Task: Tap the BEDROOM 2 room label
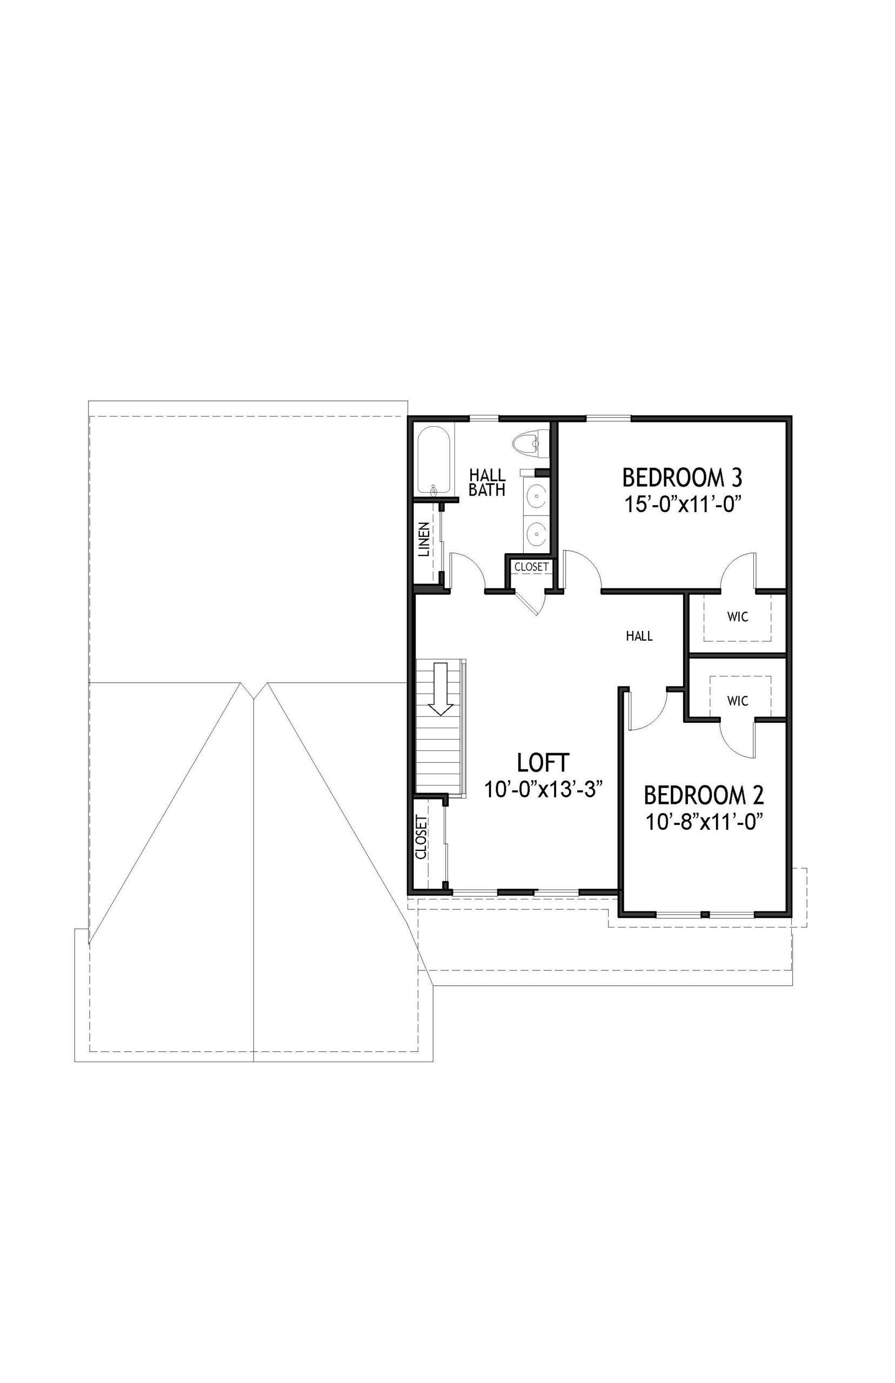coord(704,794)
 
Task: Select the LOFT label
coord(543,762)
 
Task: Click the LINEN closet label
coord(425,540)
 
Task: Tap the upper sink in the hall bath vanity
coord(535,495)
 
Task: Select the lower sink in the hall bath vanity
coord(535,531)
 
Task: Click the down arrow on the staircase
coord(441,688)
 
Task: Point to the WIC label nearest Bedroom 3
coord(738,617)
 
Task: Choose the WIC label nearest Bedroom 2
coord(738,701)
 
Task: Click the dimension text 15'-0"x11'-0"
coord(685,503)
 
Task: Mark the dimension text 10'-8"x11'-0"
coord(704,821)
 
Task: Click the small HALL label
coord(639,636)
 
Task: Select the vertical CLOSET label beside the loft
coord(422,837)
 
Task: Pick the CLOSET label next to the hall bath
coord(531,566)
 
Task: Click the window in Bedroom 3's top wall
coord(609,418)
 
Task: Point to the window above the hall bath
coord(484,418)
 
